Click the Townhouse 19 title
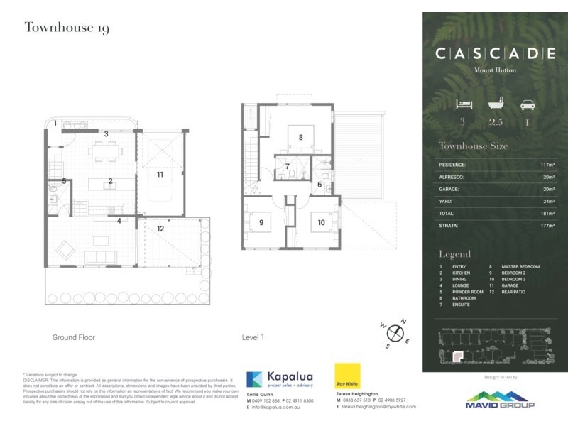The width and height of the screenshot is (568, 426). tap(67, 28)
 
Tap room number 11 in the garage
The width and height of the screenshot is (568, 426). tap(160, 174)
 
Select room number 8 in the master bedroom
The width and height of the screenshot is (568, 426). tap(301, 137)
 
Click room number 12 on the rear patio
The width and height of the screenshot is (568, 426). tap(160, 229)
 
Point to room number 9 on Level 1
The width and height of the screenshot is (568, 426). tap(261, 222)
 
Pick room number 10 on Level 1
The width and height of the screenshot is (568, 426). tap(321, 222)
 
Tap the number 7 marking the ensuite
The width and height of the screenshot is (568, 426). tap(287, 167)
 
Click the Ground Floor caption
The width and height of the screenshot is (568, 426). tap(73, 337)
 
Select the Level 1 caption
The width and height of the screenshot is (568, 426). tap(253, 337)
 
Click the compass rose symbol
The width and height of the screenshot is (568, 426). tap(395, 331)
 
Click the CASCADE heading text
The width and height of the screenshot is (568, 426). tap(495, 53)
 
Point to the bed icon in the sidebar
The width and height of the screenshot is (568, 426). tap(462, 104)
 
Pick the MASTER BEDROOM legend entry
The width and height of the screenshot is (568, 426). tap(520, 266)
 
